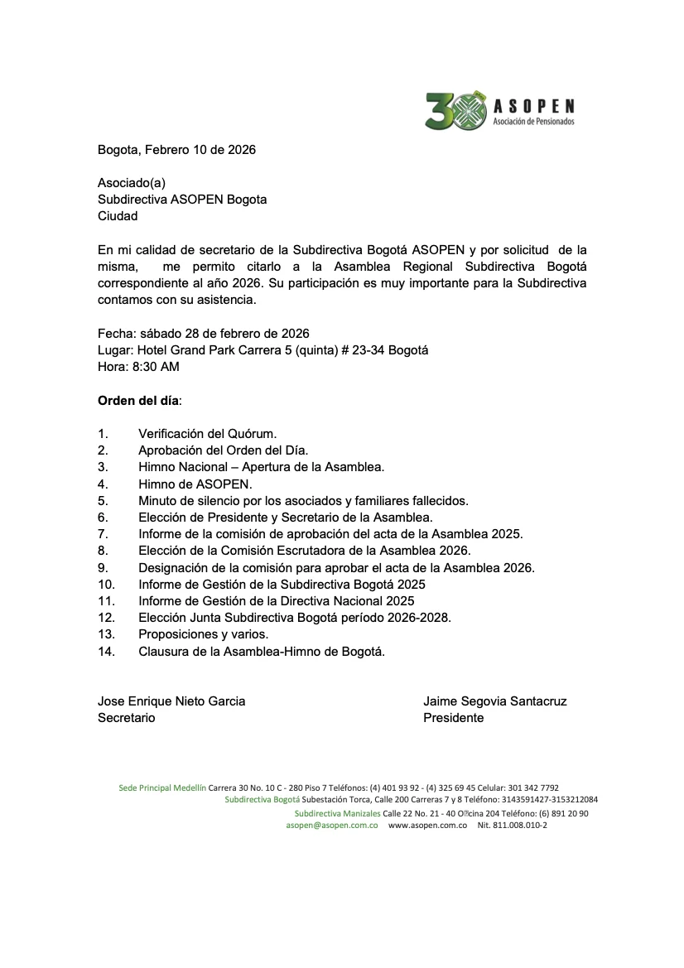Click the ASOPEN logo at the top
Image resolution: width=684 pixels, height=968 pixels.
point(499,110)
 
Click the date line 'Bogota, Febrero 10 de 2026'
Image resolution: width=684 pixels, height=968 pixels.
point(176,150)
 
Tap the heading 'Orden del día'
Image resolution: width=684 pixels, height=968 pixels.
point(138,400)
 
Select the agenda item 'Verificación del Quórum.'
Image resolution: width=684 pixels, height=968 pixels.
point(207,433)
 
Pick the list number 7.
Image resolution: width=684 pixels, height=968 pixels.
point(103,534)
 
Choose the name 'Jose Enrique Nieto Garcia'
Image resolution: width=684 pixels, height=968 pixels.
point(171,701)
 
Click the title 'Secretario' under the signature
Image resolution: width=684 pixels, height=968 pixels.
point(126,718)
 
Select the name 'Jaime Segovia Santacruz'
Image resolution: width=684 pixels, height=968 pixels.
point(494,701)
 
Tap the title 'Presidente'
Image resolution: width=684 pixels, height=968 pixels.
point(453,718)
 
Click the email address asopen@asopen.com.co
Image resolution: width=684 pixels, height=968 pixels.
point(332,826)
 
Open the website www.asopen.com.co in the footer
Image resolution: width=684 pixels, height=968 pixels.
point(427,826)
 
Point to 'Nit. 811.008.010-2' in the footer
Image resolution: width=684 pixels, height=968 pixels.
point(512,826)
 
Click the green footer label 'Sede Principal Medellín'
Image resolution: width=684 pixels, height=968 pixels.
point(162,787)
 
